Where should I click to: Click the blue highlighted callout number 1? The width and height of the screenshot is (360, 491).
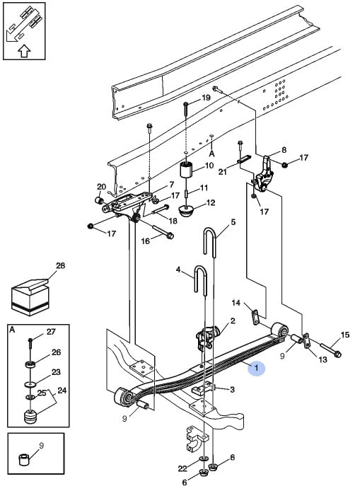pos(256,368)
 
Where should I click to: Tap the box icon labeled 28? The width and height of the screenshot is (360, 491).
pos(30,297)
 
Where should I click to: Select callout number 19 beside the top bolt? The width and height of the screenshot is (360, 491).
pos(206,98)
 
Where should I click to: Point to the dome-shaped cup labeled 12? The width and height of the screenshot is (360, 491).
pos(187,211)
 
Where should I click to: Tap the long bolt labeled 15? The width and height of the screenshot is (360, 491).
pos(331,350)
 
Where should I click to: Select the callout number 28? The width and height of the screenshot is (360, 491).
pos(60,266)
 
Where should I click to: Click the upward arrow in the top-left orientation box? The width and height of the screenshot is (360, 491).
pos(24,51)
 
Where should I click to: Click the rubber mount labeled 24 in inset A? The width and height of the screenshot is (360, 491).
pos(30,417)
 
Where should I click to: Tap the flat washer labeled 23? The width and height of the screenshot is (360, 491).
pos(30,384)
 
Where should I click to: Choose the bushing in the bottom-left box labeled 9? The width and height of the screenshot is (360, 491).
pos(24,460)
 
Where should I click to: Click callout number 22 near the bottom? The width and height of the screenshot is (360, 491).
pos(182,468)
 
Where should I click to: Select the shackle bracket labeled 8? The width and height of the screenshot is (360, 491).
pos(264,174)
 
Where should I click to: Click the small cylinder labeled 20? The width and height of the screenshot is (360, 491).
pos(99,200)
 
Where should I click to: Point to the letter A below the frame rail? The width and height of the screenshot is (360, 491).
pos(211,154)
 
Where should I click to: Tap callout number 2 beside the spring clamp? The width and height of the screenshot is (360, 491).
pos(233,321)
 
